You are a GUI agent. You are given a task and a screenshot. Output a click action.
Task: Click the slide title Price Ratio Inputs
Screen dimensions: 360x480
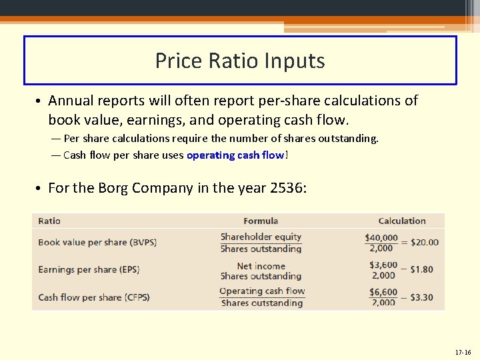point(240,61)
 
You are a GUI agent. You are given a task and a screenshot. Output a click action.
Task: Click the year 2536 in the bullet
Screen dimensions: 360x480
point(287,188)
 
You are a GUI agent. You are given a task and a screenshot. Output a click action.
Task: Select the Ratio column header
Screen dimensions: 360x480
point(49,221)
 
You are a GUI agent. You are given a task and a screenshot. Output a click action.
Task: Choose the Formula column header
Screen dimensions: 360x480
point(261,221)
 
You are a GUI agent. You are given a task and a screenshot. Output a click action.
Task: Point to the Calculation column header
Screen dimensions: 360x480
point(401,221)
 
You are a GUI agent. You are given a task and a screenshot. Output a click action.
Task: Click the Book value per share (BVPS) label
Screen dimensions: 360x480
point(97,242)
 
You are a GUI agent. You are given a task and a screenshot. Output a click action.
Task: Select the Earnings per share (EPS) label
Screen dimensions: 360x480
point(89,269)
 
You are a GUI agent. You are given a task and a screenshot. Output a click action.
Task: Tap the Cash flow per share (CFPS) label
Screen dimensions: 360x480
point(93,297)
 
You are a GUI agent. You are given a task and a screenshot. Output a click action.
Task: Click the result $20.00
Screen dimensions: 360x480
point(425,242)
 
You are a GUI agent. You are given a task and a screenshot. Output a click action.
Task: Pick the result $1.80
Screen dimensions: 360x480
point(421,269)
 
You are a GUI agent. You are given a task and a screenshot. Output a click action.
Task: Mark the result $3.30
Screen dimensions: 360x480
point(421,297)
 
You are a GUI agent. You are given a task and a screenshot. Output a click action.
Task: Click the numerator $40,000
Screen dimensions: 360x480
point(381,237)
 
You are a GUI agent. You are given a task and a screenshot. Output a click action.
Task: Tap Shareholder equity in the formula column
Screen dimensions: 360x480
point(261,237)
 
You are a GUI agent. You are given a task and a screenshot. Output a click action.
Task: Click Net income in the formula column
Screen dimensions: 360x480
point(261,265)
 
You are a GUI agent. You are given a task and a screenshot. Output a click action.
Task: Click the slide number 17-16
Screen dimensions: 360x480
point(462,352)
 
